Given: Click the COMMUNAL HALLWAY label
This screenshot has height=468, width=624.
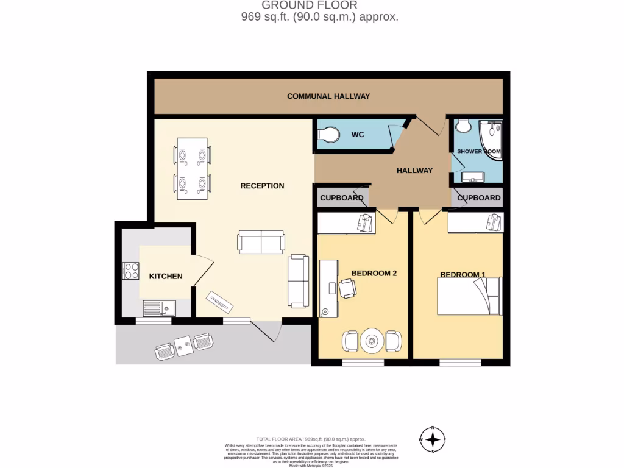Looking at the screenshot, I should tap(328, 96).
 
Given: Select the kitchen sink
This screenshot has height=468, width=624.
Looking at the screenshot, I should tap(159, 308).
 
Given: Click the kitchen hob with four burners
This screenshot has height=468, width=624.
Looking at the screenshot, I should tap(131, 271).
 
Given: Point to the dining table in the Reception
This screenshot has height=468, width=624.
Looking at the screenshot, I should tap(192, 169).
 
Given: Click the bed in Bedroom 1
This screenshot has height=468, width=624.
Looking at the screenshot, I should tap(469, 297).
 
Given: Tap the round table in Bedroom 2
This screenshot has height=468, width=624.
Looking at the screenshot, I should tap(372, 341).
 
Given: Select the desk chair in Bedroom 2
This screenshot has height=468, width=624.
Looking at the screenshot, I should tap(347, 288).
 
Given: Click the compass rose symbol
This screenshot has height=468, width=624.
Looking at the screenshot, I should tap(433, 439).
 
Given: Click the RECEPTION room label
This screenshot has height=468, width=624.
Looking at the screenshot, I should tap(262, 186).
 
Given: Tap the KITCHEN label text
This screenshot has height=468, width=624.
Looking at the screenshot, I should tap(166, 276).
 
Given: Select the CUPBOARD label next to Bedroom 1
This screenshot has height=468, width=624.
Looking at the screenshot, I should tap(479, 198).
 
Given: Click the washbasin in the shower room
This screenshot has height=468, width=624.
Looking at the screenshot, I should tap(472, 177).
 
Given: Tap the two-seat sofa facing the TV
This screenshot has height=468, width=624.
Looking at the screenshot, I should tap(261, 242).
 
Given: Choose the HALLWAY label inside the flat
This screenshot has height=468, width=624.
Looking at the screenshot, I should tap(414, 171).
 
